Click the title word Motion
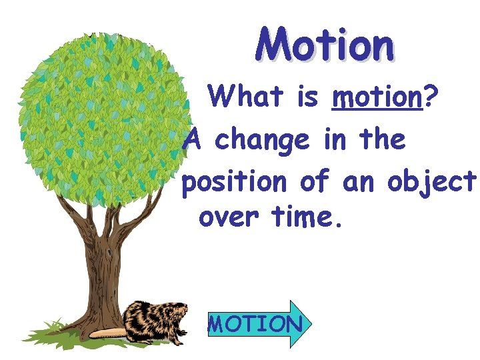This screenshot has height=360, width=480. [x=325, y=45]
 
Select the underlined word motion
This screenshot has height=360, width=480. [x=377, y=99]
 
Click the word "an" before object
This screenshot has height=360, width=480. [x=360, y=183]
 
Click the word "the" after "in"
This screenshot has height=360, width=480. [x=381, y=140]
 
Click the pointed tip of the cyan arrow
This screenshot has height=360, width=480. [x=309, y=324]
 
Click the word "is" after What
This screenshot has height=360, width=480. [x=307, y=98]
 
